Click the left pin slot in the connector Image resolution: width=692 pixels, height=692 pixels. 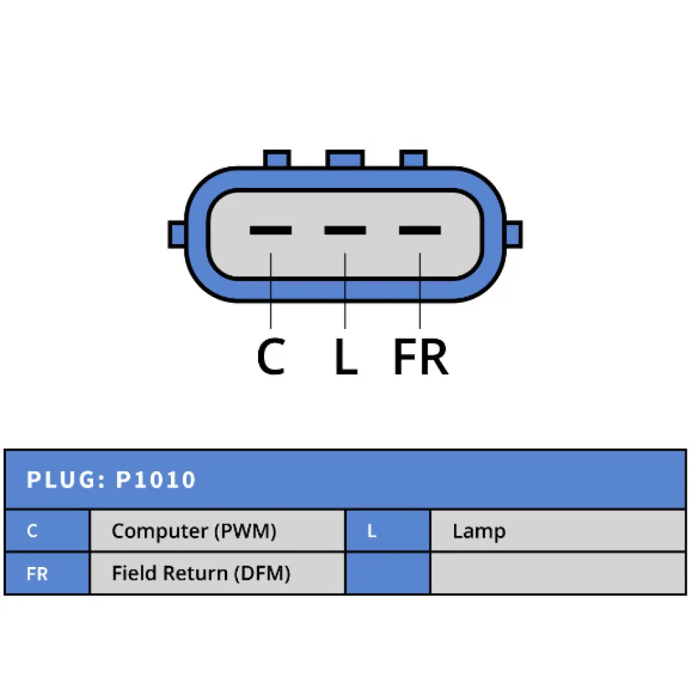click(x=270, y=230)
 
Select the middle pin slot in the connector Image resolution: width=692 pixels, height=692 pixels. click(x=345, y=230)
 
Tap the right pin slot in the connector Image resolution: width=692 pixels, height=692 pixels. click(x=420, y=230)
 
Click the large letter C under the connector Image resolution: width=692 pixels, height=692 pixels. click(x=271, y=356)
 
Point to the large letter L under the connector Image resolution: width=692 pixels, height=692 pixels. click(x=345, y=356)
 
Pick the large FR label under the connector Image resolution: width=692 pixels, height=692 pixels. click(x=420, y=356)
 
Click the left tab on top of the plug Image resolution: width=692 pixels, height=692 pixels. click(x=276, y=159)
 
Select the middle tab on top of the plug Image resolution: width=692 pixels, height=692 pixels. click(x=345, y=159)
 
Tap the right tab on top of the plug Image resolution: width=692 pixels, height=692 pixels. click(x=413, y=159)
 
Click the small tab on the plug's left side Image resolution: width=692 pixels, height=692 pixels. click(x=177, y=234)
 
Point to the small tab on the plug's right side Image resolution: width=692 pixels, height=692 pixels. click(x=514, y=234)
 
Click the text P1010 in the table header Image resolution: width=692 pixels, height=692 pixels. click(x=155, y=480)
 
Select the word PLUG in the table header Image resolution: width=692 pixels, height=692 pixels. click(x=61, y=480)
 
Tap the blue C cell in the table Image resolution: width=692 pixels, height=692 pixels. click(x=47, y=530)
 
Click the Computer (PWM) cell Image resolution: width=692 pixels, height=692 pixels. click(x=217, y=530)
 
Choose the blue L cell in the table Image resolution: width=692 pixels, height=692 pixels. click(x=388, y=530)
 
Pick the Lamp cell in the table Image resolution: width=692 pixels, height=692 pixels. click(x=558, y=530)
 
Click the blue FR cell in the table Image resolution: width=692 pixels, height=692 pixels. click(x=47, y=573)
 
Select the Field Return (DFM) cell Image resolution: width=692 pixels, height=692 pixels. click(x=217, y=573)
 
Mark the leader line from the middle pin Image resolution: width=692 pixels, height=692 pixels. click(x=345, y=291)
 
